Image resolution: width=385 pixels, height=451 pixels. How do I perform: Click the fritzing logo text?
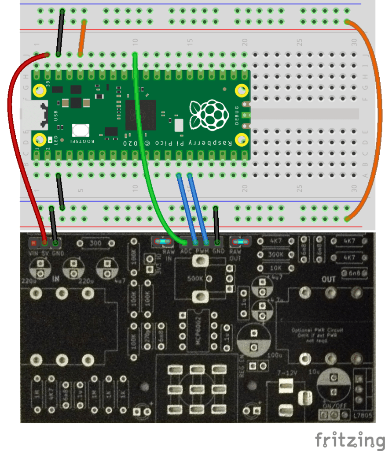(349, 440)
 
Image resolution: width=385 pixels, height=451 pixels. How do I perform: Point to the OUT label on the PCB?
(328, 279)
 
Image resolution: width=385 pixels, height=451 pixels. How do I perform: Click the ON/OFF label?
(331, 405)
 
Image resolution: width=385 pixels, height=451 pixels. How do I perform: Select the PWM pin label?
(201, 251)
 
